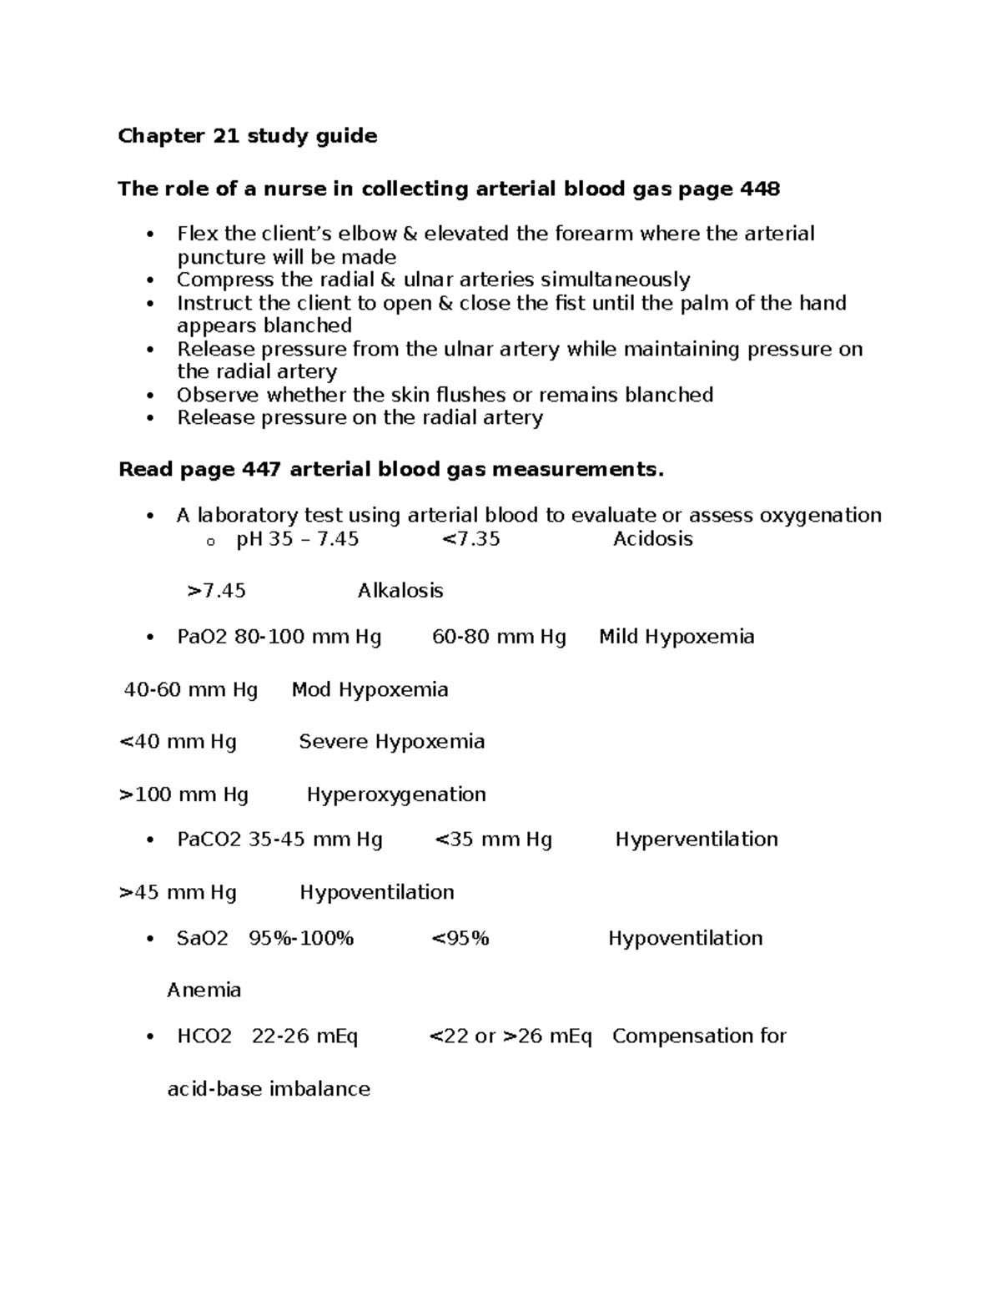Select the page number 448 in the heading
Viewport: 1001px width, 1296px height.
[760, 189]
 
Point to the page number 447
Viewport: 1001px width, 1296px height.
[261, 470]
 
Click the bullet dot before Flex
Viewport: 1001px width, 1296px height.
[150, 234]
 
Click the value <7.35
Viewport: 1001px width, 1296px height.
[470, 539]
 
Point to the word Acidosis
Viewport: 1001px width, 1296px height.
[652, 539]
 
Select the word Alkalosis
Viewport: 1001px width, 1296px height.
[400, 591]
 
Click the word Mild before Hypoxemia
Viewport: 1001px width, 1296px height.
[619, 638]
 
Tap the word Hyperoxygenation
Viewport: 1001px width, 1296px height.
[396, 794]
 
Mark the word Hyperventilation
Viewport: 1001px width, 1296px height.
[697, 840]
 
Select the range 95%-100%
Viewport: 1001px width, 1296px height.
[301, 939]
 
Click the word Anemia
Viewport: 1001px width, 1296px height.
[204, 991]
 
